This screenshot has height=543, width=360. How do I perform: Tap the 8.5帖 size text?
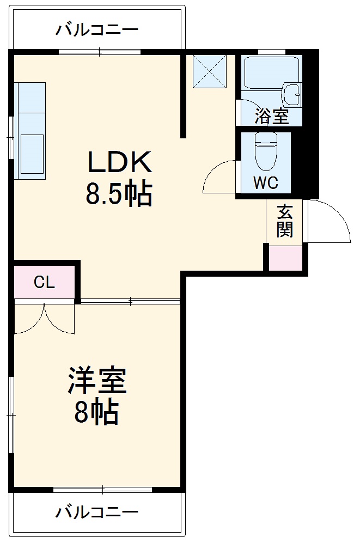[119, 193]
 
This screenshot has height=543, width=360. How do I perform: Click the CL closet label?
[44, 282]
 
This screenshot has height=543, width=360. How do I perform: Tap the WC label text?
[265, 183]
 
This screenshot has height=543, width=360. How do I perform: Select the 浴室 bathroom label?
[271, 116]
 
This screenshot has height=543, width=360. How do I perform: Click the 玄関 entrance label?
[284, 221]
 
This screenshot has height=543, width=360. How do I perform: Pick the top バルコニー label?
[96, 29]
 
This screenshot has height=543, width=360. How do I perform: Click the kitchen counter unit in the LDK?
[30, 131]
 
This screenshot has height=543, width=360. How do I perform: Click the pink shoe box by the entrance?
[286, 258]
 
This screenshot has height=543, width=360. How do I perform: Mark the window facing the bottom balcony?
[102, 489]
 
